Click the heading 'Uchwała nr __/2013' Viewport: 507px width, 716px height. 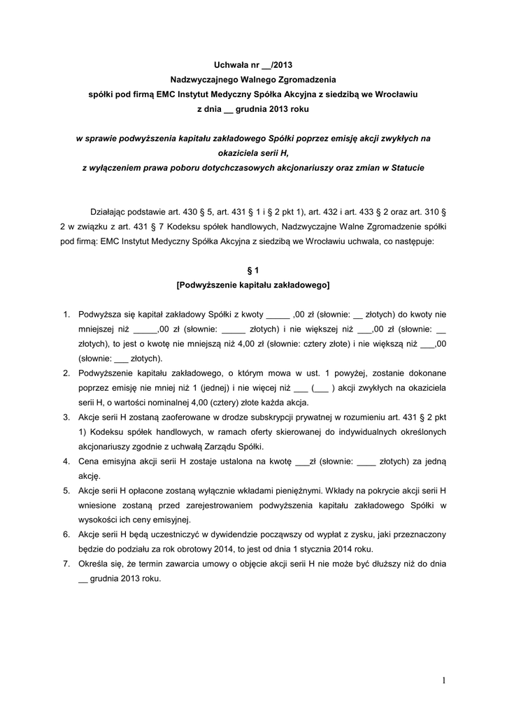254,65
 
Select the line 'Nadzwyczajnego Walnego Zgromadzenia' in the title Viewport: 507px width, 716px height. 254,80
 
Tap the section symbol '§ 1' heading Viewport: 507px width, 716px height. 254,269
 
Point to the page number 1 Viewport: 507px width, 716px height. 444,680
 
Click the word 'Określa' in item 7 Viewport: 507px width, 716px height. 94,564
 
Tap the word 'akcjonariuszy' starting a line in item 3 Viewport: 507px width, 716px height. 104,447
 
